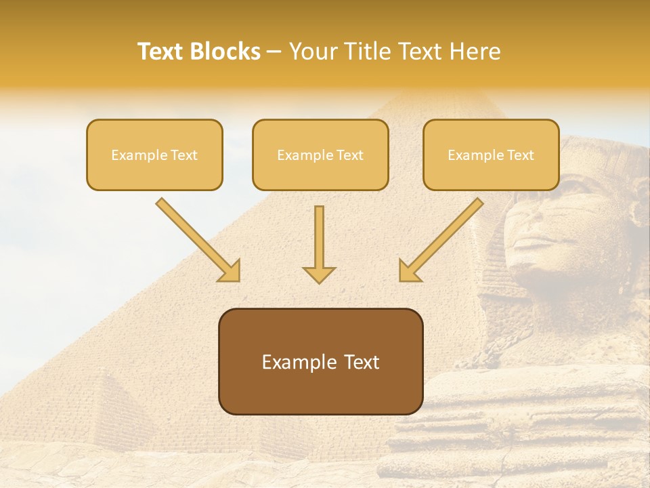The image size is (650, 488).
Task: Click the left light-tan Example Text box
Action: [154, 155]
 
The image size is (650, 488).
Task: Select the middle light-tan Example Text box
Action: [320, 155]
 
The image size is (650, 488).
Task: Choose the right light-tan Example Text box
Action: [491, 155]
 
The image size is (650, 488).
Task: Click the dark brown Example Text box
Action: [320, 361]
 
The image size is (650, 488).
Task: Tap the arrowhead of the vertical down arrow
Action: [319, 275]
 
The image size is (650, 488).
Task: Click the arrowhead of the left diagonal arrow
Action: [231, 272]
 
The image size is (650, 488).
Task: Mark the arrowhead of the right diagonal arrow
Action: [408, 272]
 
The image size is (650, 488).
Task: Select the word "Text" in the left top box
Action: [184, 155]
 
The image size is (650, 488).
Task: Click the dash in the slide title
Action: [275, 52]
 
